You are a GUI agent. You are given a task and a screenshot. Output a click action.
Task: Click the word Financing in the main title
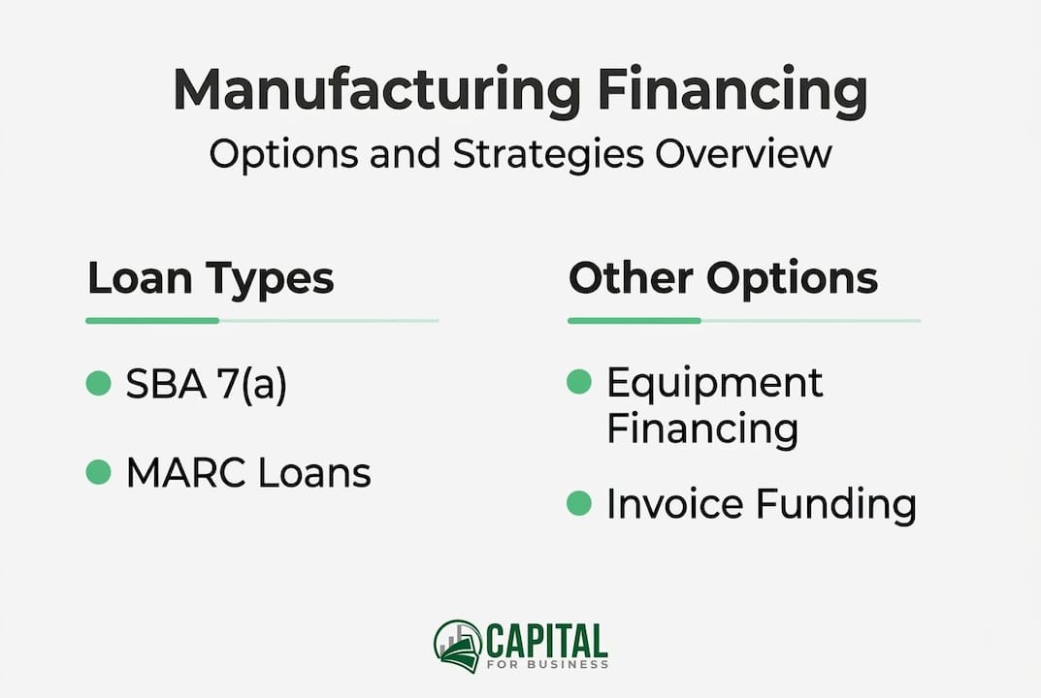[732, 91]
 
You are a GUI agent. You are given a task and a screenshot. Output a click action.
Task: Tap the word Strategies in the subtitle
[548, 154]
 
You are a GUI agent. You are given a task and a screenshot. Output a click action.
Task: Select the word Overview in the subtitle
[743, 153]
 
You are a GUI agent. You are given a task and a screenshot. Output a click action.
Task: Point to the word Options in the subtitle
[285, 155]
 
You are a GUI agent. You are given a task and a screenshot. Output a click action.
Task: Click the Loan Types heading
[211, 279]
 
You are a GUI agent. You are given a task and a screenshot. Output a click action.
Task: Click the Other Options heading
[723, 278]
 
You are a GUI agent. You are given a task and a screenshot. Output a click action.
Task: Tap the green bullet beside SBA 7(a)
[98, 383]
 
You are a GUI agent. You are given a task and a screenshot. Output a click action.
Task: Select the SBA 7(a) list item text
[207, 384]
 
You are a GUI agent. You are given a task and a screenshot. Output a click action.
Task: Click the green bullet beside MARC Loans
[98, 472]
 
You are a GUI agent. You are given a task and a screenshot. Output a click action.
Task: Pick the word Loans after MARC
[314, 473]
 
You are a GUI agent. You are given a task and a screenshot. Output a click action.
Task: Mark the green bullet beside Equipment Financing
[579, 382]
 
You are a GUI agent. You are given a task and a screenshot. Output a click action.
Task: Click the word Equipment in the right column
[715, 384]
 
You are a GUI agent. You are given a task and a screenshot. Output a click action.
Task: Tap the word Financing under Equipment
[702, 428]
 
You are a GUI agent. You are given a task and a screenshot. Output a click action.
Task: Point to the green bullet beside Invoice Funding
[579, 503]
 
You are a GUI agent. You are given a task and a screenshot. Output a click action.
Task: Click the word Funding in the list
[836, 505]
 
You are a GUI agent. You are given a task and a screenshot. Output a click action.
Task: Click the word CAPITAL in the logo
[546, 640]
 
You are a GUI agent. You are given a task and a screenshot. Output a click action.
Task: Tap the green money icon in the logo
[458, 647]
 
